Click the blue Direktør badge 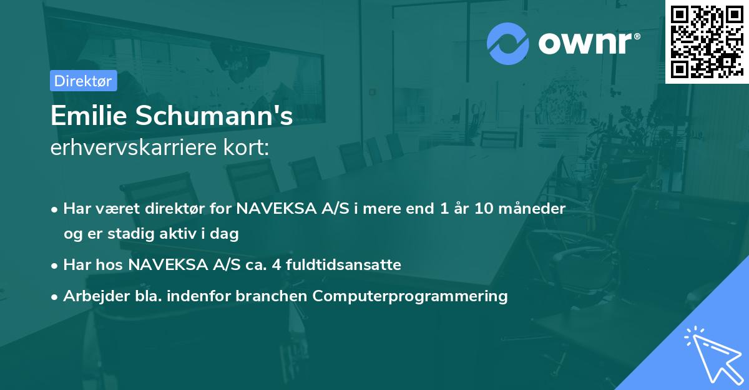coord(83,81)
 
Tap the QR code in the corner coord(707,42)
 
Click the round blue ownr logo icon coord(507,44)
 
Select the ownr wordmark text coord(585,43)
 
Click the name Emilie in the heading coord(89,116)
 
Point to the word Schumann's coord(214,116)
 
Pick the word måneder coord(532,209)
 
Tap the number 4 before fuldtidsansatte coord(276,265)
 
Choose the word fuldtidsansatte coord(343,265)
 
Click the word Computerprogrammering coord(410,296)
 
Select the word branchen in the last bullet coord(271,296)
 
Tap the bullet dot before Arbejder coord(54,297)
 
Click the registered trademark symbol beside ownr coord(637,36)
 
